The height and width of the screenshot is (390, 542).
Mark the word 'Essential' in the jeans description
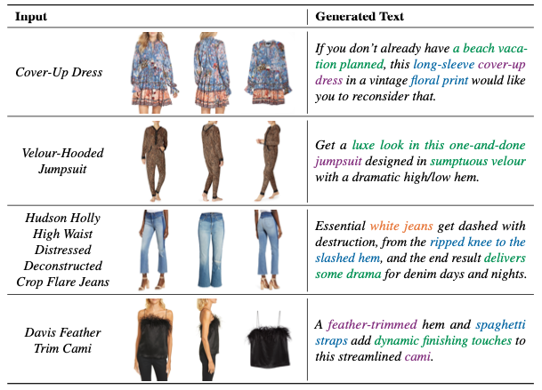(x=342, y=227)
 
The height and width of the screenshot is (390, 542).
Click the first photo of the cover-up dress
(x=153, y=70)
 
